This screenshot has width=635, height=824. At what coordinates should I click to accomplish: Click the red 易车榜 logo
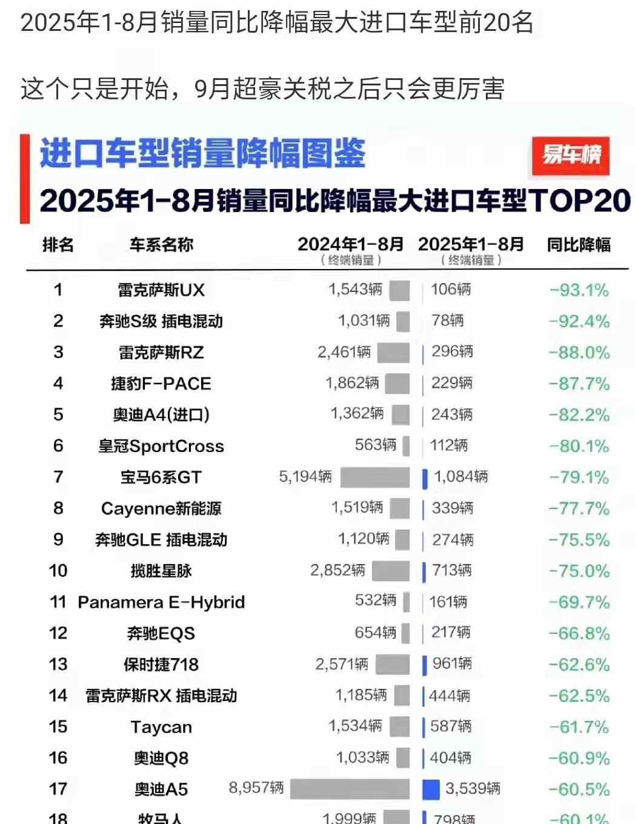[x=570, y=156]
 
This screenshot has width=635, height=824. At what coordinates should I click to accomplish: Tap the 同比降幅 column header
[x=579, y=245]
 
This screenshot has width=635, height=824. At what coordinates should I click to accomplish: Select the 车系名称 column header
[x=161, y=245]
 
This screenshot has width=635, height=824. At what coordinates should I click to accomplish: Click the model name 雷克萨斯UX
[x=161, y=290]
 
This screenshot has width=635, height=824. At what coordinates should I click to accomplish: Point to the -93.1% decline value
[x=579, y=290]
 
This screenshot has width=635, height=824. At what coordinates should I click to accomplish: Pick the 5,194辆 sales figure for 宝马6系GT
[x=305, y=477]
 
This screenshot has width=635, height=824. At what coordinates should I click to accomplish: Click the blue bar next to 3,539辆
[x=430, y=789]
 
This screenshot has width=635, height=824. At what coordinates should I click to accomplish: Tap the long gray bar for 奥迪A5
[x=350, y=789]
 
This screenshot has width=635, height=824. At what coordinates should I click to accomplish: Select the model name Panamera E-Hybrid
[x=161, y=602]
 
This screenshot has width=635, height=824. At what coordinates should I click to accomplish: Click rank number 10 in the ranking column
[x=58, y=571]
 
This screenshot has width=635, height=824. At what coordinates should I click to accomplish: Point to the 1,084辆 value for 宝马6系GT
[x=460, y=477]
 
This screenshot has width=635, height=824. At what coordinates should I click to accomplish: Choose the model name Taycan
[x=161, y=727]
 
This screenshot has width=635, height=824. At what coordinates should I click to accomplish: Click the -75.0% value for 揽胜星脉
[x=579, y=571]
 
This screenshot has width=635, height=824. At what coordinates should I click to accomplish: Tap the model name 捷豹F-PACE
[x=161, y=384]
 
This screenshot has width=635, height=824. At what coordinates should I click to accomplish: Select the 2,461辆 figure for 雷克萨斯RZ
[x=344, y=352]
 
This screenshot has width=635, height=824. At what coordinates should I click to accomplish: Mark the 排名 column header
[x=58, y=245]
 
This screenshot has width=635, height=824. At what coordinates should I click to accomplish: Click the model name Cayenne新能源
[x=161, y=508]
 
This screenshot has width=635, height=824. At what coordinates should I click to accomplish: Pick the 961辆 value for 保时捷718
[x=452, y=664]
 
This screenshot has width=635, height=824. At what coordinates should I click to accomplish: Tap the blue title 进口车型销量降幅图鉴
[x=203, y=153]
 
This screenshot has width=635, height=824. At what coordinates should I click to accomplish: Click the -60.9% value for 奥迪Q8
[x=579, y=758]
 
